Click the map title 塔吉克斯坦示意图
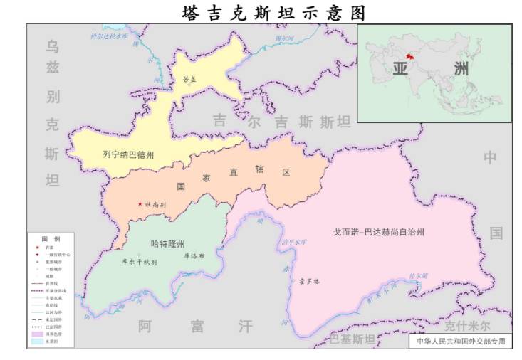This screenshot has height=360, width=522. coord(273,12)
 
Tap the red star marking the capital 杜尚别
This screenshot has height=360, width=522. coord(140,203)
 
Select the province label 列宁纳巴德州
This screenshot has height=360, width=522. coord(128,154)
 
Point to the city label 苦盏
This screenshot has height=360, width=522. coord(190,80)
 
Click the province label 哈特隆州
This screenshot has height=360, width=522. coord(167,243)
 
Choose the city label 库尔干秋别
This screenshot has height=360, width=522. coord(140,261)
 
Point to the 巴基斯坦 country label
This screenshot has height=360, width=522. coord(351,339)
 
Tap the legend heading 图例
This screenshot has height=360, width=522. coord(51,238)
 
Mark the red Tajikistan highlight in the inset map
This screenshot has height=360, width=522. coord(409,56)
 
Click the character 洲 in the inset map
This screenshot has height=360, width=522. coord(461,69)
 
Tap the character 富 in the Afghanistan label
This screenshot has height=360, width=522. coord(197,327)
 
